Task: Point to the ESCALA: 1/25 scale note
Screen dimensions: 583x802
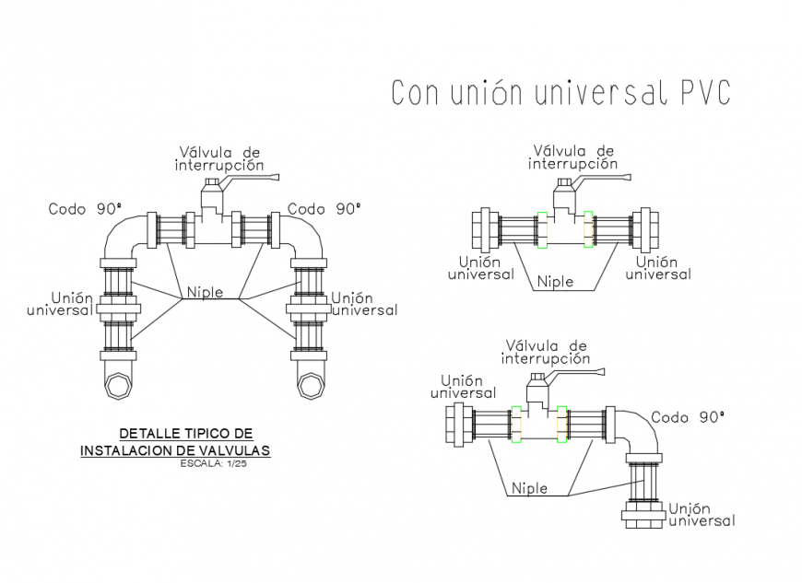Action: pos(213,463)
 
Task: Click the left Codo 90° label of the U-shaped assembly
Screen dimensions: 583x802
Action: pos(85,209)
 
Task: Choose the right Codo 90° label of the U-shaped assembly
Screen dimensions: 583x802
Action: pos(324,209)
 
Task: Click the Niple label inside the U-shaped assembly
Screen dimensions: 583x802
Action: pos(205,293)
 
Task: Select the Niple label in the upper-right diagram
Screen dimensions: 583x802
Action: pos(555,281)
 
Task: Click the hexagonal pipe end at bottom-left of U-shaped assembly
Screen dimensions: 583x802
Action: pos(118,382)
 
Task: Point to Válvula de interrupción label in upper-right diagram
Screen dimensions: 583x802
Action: pos(573,157)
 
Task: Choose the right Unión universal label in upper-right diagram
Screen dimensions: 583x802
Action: pos(657,268)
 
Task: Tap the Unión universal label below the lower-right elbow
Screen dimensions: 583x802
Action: pos(702,514)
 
